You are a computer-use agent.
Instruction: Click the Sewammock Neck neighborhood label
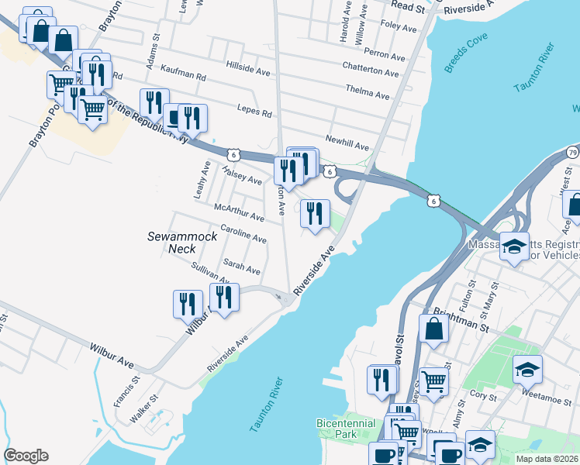tap(172, 242)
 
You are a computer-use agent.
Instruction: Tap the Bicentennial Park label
tap(346, 429)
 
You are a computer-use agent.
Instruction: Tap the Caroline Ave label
tap(243, 232)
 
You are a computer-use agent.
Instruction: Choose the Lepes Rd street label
tap(256, 113)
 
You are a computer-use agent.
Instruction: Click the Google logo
tap(26, 456)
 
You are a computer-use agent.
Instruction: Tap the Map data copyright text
tap(547, 459)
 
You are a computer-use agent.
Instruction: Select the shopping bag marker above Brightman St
tap(433, 329)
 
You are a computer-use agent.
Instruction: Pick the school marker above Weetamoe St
tap(527, 370)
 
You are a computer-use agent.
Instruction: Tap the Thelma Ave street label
tap(367, 95)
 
